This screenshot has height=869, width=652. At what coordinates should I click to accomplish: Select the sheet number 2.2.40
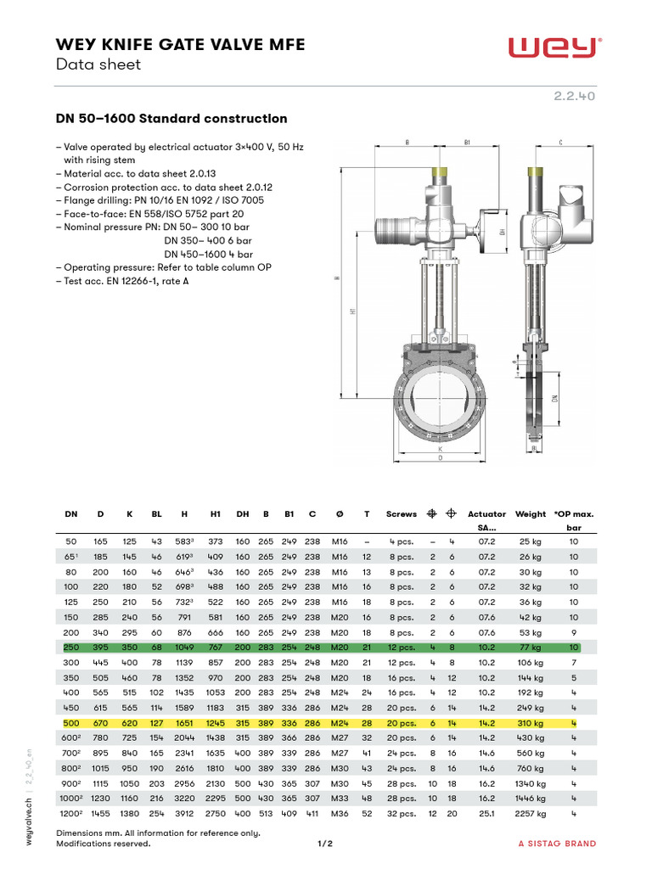(x=575, y=96)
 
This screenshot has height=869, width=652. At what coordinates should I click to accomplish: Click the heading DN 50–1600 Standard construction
(x=171, y=119)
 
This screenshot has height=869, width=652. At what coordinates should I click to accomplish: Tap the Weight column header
(x=531, y=514)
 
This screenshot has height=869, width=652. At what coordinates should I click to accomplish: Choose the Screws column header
(x=402, y=514)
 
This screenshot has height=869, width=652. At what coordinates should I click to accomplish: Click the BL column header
(x=156, y=514)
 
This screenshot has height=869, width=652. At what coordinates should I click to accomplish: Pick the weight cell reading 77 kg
(x=531, y=647)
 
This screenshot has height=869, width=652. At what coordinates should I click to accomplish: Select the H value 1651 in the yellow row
(x=185, y=723)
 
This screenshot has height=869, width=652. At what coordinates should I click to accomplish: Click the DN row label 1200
(x=70, y=815)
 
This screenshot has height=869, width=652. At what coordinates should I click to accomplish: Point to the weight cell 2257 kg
(x=530, y=815)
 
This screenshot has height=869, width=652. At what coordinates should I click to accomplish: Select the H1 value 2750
(x=216, y=815)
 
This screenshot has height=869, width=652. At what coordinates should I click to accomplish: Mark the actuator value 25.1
(x=486, y=815)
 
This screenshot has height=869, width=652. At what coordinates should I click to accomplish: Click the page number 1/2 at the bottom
(x=326, y=844)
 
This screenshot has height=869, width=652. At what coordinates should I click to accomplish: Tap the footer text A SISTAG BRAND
(x=557, y=844)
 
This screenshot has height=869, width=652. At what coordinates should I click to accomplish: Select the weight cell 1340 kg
(x=530, y=784)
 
